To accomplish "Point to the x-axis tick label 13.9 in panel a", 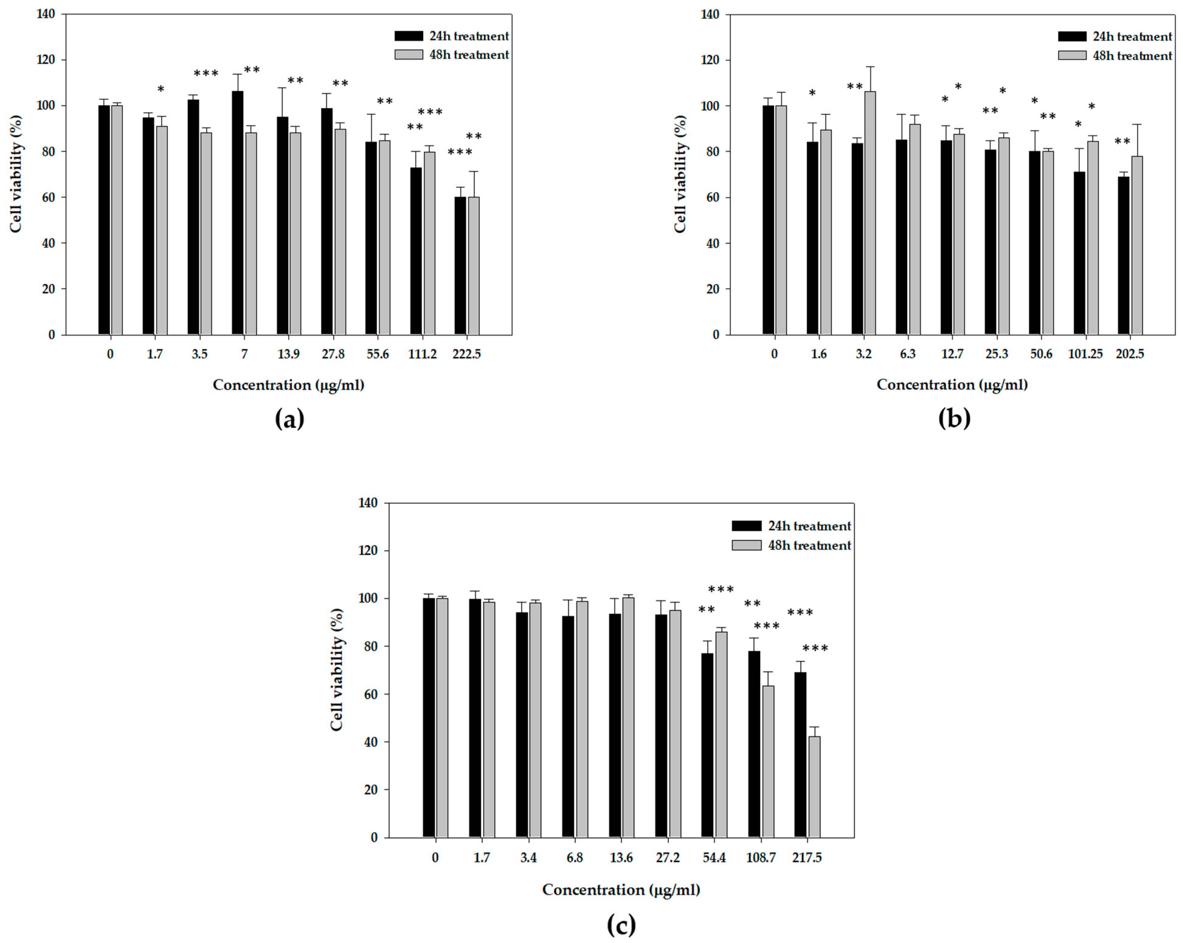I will click(x=289, y=354).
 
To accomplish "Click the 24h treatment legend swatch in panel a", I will click(x=409, y=36).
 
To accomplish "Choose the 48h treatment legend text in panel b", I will click(x=1132, y=56).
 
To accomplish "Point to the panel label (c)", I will click(x=621, y=925).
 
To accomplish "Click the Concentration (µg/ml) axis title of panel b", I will click(x=952, y=385).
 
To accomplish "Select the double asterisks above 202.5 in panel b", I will click(x=1122, y=142).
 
